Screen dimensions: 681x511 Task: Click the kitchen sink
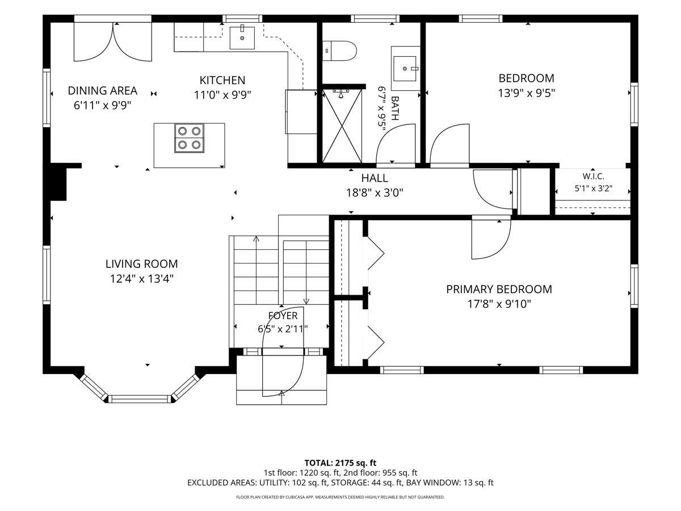[x=242, y=38]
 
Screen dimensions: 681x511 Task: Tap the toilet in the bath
[x=339, y=51]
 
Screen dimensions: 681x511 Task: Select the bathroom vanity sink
[x=405, y=69]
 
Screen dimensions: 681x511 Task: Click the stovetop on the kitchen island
[x=189, y=138]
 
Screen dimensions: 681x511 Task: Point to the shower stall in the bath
[x=342, y=125]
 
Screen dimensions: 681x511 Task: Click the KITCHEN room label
[x=222, y=81]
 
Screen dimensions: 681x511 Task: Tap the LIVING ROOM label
[x=141, y=264]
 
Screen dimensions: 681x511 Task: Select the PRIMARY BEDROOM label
[x=499, y=289]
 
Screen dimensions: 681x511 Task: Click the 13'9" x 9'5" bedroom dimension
[x=526, y=93]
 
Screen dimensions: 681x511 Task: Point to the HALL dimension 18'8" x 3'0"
[x=375, y=193]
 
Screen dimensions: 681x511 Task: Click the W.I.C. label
[x=593, y=177]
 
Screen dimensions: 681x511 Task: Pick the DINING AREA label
[x=102, y=91]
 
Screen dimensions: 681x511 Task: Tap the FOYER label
[x=283, y=316]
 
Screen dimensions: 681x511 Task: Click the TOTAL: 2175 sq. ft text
[x=340, y=463]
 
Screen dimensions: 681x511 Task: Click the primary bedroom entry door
[x=491, y=238]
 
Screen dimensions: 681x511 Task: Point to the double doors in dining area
[x=113, y=41]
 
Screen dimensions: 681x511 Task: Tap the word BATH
[x=395, y=108]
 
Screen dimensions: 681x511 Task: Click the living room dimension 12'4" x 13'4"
[x=141, y=279]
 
